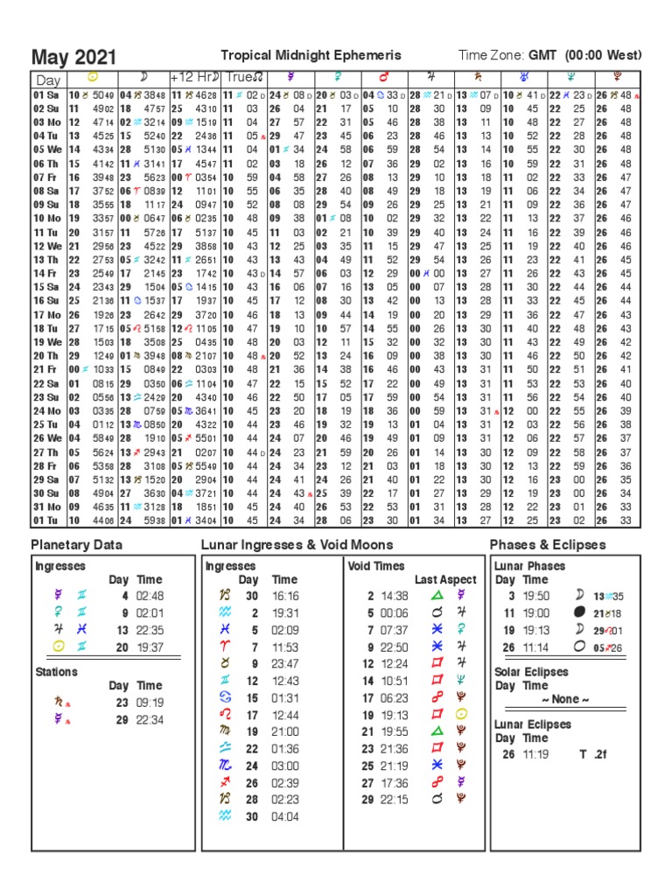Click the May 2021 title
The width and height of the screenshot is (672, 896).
73,58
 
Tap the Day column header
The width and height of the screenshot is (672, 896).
47,80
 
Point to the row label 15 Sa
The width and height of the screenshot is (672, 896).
46,287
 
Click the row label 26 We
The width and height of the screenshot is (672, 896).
47,437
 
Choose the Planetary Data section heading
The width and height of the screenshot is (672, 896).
77,545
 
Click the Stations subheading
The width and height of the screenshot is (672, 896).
56,672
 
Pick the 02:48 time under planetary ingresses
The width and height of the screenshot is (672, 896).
149,596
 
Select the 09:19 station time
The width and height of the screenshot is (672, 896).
149,702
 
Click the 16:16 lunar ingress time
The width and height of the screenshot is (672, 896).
284,596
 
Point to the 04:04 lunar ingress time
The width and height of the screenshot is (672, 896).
284,816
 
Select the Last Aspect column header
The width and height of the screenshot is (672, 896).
445,579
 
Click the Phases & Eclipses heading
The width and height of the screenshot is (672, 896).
548,545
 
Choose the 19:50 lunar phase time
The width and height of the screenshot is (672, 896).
536,596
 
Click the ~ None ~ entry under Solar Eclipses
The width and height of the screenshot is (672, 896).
567,700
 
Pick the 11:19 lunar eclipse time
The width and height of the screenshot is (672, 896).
536,754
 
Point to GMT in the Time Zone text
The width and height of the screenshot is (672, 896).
545,56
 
